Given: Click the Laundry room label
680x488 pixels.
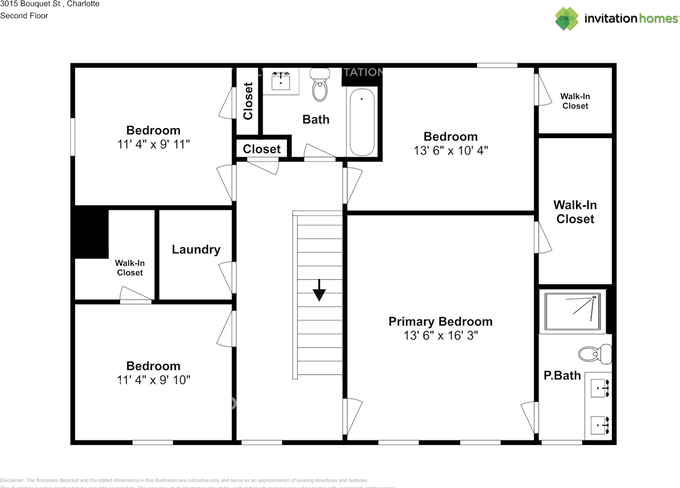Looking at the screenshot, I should [195, 249].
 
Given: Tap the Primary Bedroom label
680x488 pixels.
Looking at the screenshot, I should [440, 322].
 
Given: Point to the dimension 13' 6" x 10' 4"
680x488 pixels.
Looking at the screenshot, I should [450, 150].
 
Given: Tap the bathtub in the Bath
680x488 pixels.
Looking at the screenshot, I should [362, 122].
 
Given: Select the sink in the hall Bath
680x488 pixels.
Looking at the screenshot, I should [280, 81].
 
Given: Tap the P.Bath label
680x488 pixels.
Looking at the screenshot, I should [562, 375].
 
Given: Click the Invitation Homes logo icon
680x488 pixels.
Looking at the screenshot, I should [566, 19].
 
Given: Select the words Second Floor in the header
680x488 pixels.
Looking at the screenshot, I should [24, 15].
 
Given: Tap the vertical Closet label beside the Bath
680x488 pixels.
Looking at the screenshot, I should [248, 101].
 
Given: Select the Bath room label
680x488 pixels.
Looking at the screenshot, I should [316, 120].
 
